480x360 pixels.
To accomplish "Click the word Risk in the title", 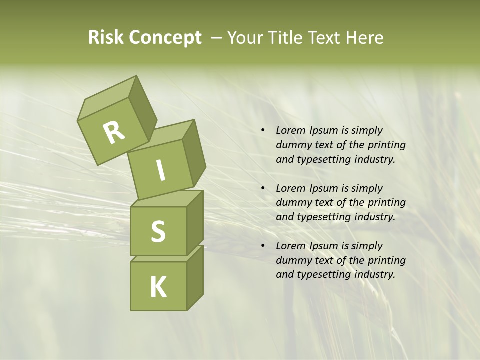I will (x=106, y=38).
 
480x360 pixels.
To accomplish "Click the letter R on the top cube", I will (x=114, y=133).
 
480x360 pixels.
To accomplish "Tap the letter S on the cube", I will (x=158, y=231).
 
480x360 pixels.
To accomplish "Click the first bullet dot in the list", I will (x=263, y=131).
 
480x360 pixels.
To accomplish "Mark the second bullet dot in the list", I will (x=263, y=189).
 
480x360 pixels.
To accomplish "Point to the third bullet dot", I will (x=263, y=246).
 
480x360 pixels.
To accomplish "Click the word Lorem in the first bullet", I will (x=290, y=130).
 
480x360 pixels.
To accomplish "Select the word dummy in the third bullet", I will (x=291, y=260).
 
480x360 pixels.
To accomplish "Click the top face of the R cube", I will (x=107, y=99).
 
